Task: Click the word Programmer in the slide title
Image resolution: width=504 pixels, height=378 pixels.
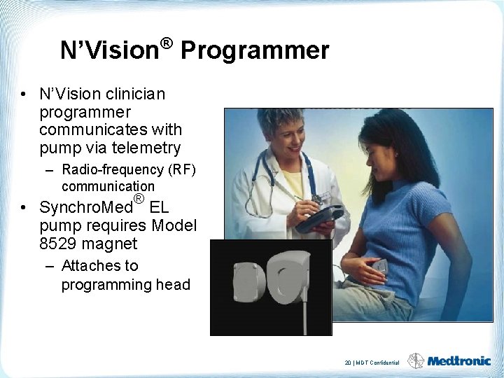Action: [255, 50]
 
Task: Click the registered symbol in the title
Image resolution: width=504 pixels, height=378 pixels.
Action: [166, 44]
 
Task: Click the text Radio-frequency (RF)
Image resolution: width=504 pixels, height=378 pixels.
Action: [129, 169]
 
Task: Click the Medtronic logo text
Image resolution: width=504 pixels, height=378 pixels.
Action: [459, 361]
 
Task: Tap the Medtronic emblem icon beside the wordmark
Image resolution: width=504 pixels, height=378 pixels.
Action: [416, 360]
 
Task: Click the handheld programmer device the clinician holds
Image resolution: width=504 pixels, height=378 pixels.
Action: [318, 219]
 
